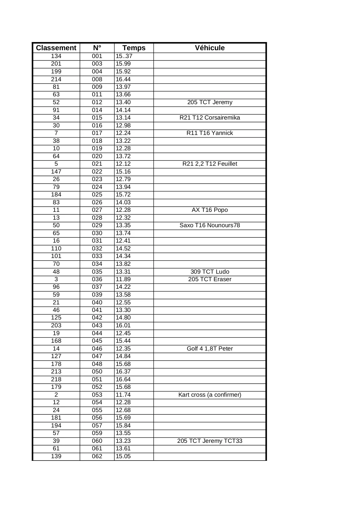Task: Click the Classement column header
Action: coord(56,48)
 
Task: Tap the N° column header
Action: coord(97,48)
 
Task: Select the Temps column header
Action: coord(134,48)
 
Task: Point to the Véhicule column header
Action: coord(209,48)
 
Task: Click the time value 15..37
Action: coord(124,56)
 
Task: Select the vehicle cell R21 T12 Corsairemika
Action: coord(209,118)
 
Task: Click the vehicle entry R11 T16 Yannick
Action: coord(209,133)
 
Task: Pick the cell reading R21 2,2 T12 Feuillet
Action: coord(209,164)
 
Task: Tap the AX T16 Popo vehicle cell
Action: coord(209,210)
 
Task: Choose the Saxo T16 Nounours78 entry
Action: coord(209,225)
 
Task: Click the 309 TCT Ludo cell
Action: coord(209,272)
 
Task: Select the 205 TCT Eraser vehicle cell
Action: coord(209,279)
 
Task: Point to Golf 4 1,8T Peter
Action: coord(209,349)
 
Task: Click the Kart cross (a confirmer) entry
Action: coord(209,395)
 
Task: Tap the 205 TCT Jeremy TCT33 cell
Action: coord(209,441)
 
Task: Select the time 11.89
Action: coord(123,279)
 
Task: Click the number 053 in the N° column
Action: coord(97,395)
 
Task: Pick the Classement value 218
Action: coord(56,379)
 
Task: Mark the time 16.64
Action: coord(123,379)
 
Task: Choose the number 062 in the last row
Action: coord(97,456)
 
